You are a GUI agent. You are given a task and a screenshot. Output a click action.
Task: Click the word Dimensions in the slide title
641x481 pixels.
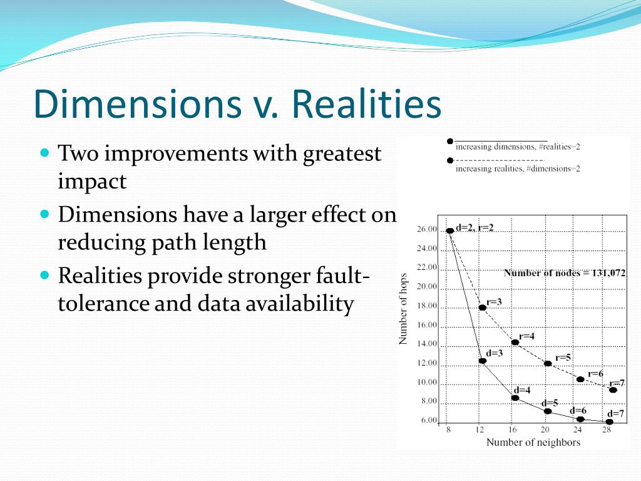[x=138, y=103]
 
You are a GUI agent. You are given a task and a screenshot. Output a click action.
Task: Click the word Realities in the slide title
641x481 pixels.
[x=366, y=103]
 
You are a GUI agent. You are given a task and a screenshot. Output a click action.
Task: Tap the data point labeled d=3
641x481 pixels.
[x=483, y=361]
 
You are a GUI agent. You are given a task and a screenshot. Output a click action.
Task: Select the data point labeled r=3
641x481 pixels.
[x=483, y=307]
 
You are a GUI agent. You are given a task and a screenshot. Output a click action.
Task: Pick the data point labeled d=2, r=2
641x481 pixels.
[x=449, y=230]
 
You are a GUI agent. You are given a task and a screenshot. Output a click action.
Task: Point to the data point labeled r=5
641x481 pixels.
[x=548, y=363]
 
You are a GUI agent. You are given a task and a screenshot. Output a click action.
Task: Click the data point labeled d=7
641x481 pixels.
[x=610, y=422]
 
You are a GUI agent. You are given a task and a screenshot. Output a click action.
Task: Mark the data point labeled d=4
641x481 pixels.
[x=515, y=398]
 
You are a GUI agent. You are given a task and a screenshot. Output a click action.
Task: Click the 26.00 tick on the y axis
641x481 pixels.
[x=427, y=229]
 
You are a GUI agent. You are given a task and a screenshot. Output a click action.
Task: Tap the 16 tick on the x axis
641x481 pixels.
[x=512, y=430]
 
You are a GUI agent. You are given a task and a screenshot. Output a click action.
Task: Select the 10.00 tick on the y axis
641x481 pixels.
[x=427, y=382]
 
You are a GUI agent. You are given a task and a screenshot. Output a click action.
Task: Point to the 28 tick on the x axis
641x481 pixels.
[x=606, y=430]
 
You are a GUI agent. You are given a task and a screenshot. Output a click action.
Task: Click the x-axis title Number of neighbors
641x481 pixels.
[x=533, y=442]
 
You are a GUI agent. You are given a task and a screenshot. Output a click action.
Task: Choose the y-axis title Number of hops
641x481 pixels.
[x=403, y=309]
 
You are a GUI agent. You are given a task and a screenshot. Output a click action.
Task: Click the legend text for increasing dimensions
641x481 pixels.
[x=518, y=147]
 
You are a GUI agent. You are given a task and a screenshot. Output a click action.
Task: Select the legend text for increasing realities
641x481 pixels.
[x=518, y=168]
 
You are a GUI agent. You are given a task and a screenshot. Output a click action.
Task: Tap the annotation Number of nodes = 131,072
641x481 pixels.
[x=565, y=273]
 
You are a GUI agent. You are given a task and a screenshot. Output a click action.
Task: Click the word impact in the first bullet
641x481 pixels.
[x=92, y=181]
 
